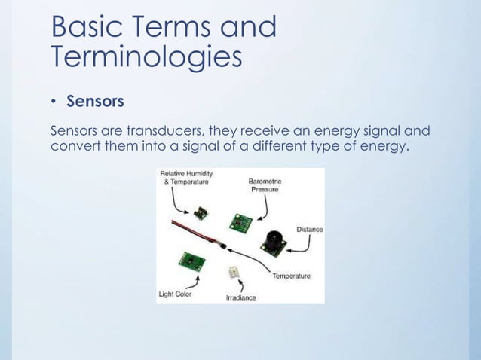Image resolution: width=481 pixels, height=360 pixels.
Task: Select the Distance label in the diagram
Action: pos(310,229)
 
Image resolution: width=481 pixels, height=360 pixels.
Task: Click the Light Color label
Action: pos(174,294)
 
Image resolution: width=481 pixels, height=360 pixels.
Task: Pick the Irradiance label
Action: pos(241,297)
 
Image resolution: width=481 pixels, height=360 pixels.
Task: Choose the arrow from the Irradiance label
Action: pos(240,287)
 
